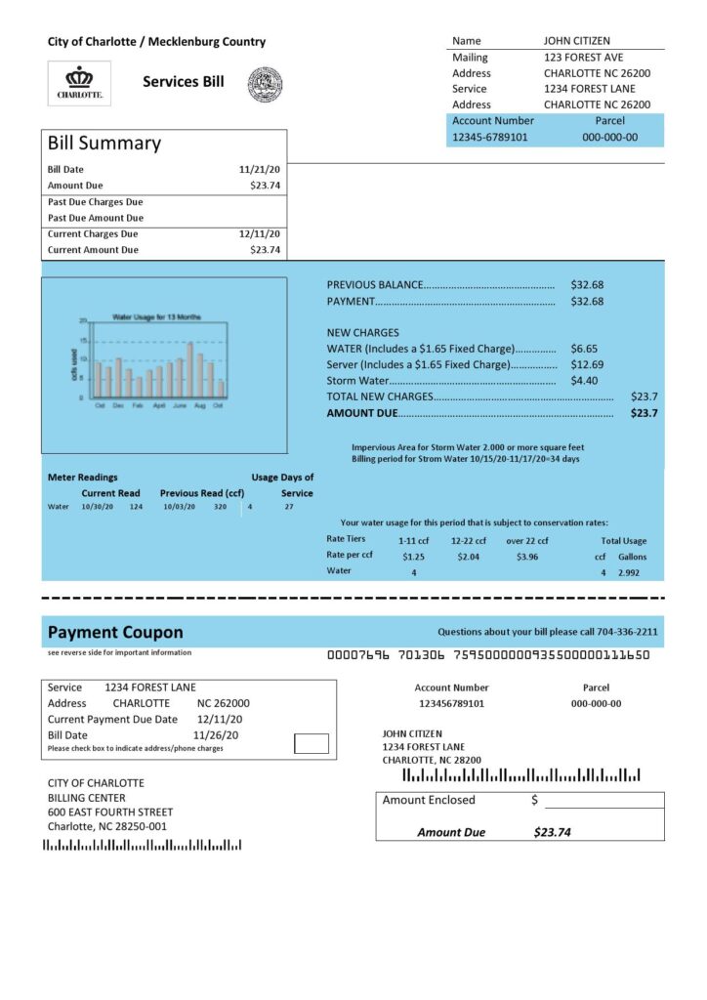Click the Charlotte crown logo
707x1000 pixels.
[x=79, y=83]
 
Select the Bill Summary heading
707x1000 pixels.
[x=104, y=143]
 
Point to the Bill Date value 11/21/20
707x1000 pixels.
[x=260, y=169]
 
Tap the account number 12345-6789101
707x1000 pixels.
[x=489, y=137]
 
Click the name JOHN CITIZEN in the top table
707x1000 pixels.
[x=576, y=41]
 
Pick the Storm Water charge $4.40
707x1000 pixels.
[x=584, y=380]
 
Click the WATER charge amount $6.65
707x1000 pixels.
[x=584, y=348]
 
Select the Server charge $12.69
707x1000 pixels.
[x=587, y=364]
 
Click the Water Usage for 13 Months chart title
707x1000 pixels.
[x=156, y=317]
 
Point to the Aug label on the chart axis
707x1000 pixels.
[x=199, y=404]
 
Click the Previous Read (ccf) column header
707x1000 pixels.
[x=202, y=493]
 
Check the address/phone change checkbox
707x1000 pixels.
[x=312, y=743]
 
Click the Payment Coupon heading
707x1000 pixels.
[x=115, y=632]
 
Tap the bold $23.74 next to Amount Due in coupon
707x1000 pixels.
[x=552, y=832]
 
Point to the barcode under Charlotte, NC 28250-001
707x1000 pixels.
[x=143, y=845]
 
